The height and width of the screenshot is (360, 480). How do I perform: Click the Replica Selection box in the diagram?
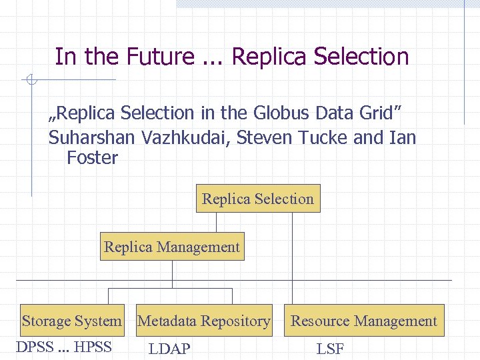coord(258,199)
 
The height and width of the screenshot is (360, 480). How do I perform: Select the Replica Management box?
coord(172,247)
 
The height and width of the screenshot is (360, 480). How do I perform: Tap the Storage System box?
coord(72,321)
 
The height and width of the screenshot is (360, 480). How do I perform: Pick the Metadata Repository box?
coord(204,321)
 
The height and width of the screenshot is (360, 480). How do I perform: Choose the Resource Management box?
coord(364,321)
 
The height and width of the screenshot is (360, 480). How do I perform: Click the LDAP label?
coord(169,349)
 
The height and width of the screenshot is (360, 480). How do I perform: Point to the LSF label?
coord(330,349)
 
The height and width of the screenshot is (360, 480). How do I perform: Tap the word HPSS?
coord(93,347)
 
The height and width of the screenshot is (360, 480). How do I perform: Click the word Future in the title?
coord(157,57)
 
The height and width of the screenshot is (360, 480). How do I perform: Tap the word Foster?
coord(92,158)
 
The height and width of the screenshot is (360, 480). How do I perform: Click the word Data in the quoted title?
coord(335,113)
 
